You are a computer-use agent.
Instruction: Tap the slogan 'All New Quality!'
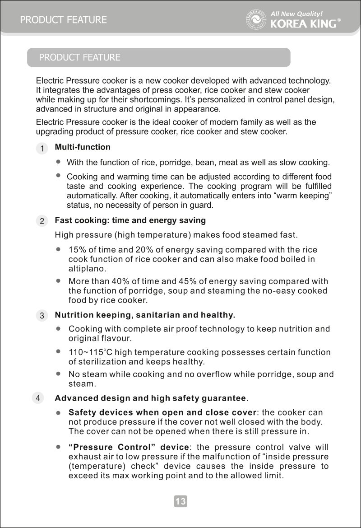(x=296, y=14)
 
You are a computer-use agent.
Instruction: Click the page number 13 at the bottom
(x=180, y=501)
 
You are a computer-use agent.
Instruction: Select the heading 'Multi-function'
(x=82, y=147)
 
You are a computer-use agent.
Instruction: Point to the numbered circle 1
(x=41, y=148)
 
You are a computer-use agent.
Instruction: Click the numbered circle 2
(x=41, y=221)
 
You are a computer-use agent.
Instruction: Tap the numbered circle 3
(x=41, y=316)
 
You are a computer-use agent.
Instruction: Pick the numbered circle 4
(x=38, y=398)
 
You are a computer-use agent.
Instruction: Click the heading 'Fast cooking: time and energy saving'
(x=130, y=220)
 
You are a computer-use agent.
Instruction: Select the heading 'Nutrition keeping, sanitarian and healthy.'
(x=145, y=315)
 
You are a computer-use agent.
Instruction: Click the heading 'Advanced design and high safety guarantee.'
(x=152, y=398)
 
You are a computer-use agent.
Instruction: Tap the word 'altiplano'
(x=86, y=268)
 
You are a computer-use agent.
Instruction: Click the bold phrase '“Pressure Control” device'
(x=128, y=448)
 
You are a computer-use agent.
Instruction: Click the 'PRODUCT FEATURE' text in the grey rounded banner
(x=79, y=57)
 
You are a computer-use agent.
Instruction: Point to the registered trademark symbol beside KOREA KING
(x=339, y=21)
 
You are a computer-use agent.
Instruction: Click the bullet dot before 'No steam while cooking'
(x=58, y=374)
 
